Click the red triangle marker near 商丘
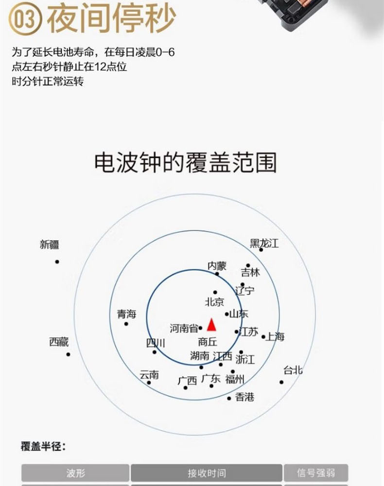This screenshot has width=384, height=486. [x=211, y=325]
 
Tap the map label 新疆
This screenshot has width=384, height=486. [x=49, y=244]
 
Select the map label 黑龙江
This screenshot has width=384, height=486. [x=264, y=243]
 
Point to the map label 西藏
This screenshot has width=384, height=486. [x=59, y=342]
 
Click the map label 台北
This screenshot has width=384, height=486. [x=293, y=370]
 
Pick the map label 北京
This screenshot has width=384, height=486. [x=214, y=302]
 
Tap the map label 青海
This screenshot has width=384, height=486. [x=126, y=314]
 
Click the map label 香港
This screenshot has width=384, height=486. [x=245, y=397]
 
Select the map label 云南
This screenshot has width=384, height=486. [x=149, y=375]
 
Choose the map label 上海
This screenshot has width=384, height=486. [x=275, y=336]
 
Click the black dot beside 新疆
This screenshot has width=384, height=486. [x=57, y=262]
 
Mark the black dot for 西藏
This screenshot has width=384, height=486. [x=68, y=354]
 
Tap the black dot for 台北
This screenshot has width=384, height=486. [x=281, y=382]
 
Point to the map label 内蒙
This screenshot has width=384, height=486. [x=217, y=266]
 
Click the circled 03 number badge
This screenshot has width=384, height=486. [x=25, y=18]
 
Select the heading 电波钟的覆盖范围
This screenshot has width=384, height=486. [x=185, y=162]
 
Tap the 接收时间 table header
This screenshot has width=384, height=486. [x=207, y=473]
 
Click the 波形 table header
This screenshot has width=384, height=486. [x=75, y=473]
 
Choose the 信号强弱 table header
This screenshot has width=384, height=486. [x=316, y=473]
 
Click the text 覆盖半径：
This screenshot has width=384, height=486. [x=43, y=447]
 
